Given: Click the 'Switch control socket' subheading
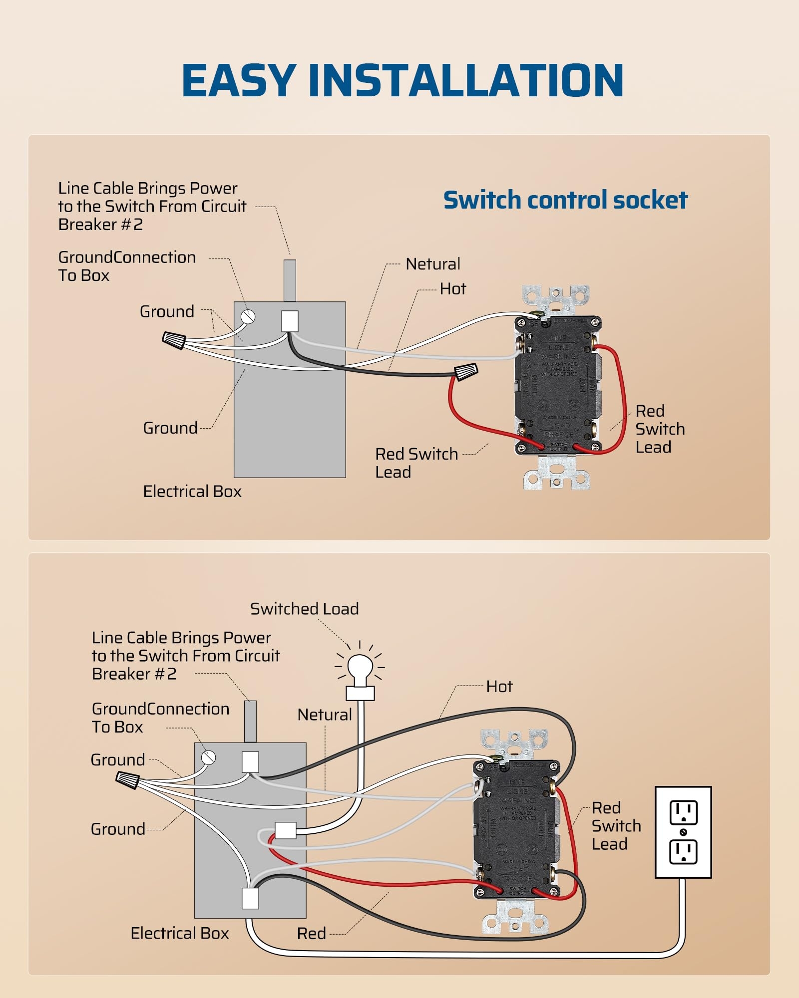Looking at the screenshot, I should pos(565,200).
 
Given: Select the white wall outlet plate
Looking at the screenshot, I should pos(683,832).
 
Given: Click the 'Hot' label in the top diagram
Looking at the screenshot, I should pos(452,289).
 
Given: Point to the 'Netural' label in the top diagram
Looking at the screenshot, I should pos(433,264).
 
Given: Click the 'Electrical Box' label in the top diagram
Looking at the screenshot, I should pos(192,492).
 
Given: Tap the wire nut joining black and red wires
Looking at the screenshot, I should pos(466,372).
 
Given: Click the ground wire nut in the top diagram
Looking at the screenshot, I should pos(174,340).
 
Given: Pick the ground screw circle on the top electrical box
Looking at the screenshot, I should pos(248,316).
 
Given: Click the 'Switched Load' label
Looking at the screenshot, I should pos(304,609).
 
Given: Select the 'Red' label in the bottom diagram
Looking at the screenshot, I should pos(311,934).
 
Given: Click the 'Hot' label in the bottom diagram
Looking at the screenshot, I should pos(499,687).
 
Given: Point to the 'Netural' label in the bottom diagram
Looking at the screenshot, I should pos(325,715).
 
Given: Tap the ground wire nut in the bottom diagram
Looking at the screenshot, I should pos(127,779).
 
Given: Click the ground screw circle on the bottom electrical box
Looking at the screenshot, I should pos(208,757).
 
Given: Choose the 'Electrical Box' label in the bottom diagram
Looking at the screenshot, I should pos(180,933).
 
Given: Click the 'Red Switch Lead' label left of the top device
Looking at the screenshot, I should pos(416,463).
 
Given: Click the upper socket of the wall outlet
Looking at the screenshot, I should pos(683,813).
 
